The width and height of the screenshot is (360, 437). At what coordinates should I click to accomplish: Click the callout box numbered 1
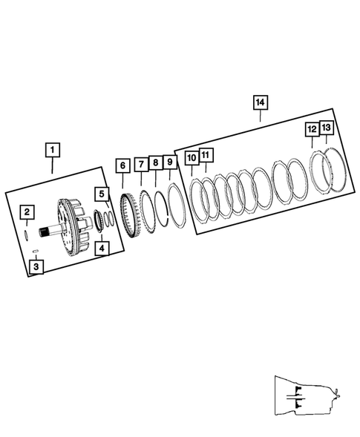point(52,150)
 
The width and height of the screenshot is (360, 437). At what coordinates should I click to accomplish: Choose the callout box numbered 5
point(102,194)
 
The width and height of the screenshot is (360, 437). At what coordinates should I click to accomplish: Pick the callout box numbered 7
point(140,162)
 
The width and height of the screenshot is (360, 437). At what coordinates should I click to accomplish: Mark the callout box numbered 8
point(155,162)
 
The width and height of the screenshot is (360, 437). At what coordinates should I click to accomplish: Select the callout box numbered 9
point(170,162)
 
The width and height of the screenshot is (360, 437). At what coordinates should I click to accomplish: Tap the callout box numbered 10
point(192,158)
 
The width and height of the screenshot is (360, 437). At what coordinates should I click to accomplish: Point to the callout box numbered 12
point(312,130)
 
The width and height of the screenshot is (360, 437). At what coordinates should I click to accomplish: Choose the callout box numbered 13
point(327,128)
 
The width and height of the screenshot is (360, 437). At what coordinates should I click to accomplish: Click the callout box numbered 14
point(260,101)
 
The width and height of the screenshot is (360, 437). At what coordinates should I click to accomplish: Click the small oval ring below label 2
point(27,232)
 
